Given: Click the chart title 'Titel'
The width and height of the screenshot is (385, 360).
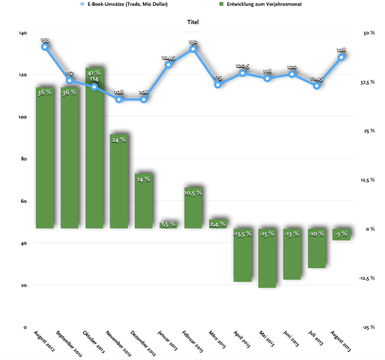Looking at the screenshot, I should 193,22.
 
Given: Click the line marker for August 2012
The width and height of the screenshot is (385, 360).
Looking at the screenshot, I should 45,46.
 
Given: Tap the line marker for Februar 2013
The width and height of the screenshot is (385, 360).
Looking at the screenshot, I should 193,49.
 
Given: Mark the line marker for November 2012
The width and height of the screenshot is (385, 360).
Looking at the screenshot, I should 119,99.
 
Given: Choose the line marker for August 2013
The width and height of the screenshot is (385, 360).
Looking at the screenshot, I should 341,57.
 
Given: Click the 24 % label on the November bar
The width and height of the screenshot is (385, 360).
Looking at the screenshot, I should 119,140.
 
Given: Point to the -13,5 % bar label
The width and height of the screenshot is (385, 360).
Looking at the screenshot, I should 242,233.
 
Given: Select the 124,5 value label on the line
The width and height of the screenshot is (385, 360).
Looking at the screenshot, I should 168,57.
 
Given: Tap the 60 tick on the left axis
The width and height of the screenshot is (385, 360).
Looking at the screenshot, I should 24,201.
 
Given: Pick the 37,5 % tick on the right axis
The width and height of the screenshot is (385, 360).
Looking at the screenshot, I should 369,82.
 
